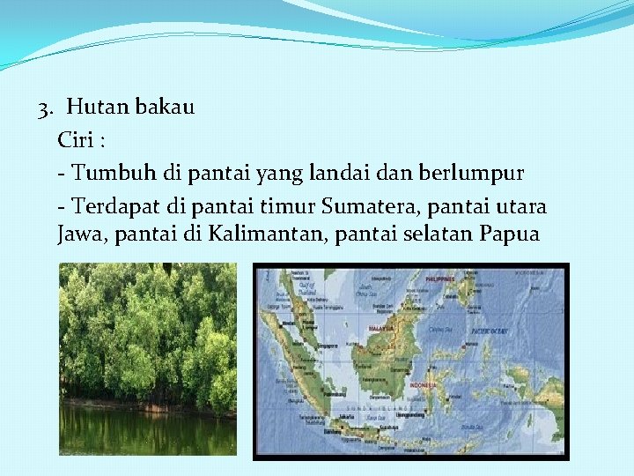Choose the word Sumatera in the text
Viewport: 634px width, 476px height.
point(372,206)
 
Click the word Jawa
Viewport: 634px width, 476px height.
point(79,236)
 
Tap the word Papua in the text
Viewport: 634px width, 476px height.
point(510,236)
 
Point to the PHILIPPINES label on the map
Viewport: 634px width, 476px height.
point(439,279)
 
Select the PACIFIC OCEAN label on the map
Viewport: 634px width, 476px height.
point(490,331)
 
